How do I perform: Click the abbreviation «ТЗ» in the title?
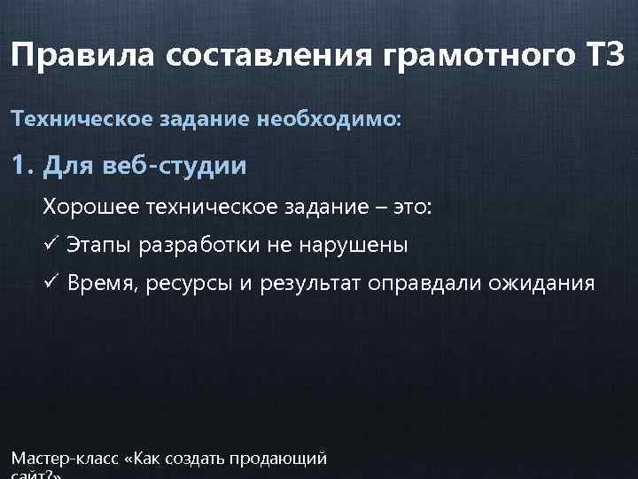605,58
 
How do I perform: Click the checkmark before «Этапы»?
51,246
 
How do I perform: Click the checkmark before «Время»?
51,284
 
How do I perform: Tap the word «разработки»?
198,246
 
